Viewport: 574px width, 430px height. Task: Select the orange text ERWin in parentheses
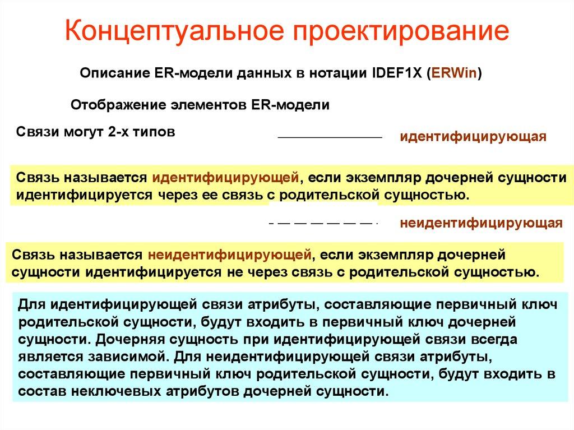pos(455,74)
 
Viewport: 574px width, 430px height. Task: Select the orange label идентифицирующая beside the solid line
pos(473,137)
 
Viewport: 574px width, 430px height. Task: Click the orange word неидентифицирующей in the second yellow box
pos(230,255)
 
